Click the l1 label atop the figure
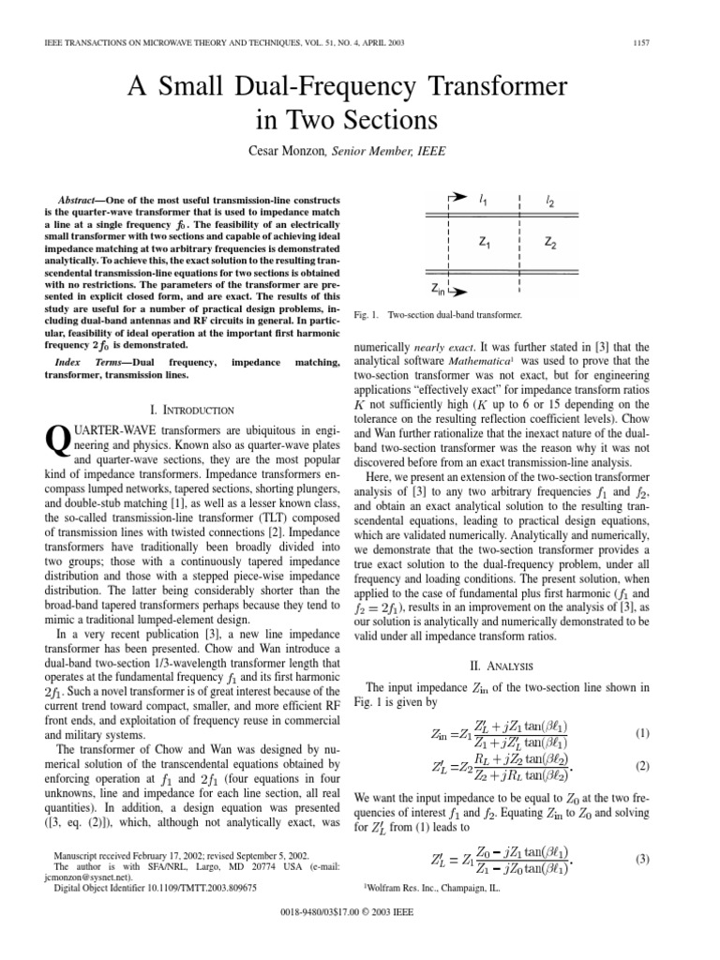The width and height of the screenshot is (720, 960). coord(484,199)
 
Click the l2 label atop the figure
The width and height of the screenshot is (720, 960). coord(548,199)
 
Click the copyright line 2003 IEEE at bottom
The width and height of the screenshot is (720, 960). coord(360,937)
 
